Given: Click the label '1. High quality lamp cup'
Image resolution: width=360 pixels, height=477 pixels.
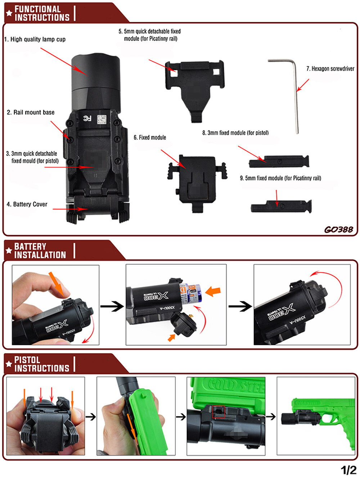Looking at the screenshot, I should pyautogui.click(x=35, y=39).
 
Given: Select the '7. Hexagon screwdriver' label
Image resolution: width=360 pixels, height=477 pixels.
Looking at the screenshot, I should pyautogui.click(x=330, y=68).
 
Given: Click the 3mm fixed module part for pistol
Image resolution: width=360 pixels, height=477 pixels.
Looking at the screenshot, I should pyautogui.click(x=279, y=162).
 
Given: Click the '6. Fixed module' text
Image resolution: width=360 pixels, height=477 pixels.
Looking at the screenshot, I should pyautogui.click(x=150, y=138).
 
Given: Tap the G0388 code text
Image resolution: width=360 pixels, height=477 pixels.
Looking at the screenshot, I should pyautogui.click(x=338, y=229).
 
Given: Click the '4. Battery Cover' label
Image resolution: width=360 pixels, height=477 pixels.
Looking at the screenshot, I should pyautogui.click(x=27, y=204).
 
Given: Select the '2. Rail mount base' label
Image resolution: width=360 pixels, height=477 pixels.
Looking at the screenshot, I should pyautogui.click(x=31, y=112).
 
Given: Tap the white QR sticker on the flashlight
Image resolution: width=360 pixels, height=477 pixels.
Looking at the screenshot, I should pyautogui.click(x=102, y=120).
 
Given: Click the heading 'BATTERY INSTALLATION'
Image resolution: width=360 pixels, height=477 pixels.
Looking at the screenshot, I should pyautogui.click(x=40, y=251).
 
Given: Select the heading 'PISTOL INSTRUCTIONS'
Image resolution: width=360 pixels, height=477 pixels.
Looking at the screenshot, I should pyautogui.click(x=41, y=364).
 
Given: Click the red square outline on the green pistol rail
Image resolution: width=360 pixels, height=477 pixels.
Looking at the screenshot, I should pyautogui.click(x=219, y=411).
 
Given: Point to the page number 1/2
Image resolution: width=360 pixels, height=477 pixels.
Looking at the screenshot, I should pyautogui.click(x=348, y=469).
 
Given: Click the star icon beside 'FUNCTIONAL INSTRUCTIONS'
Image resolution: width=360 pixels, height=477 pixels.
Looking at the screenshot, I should pyautogui.click(x=9, y=13).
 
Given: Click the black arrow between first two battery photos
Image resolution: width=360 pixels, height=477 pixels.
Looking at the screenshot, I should pyautogui.click(x=112, y=306).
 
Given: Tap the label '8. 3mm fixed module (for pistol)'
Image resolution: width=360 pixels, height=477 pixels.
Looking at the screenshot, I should pyautogui.click(x=235, y=133).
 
